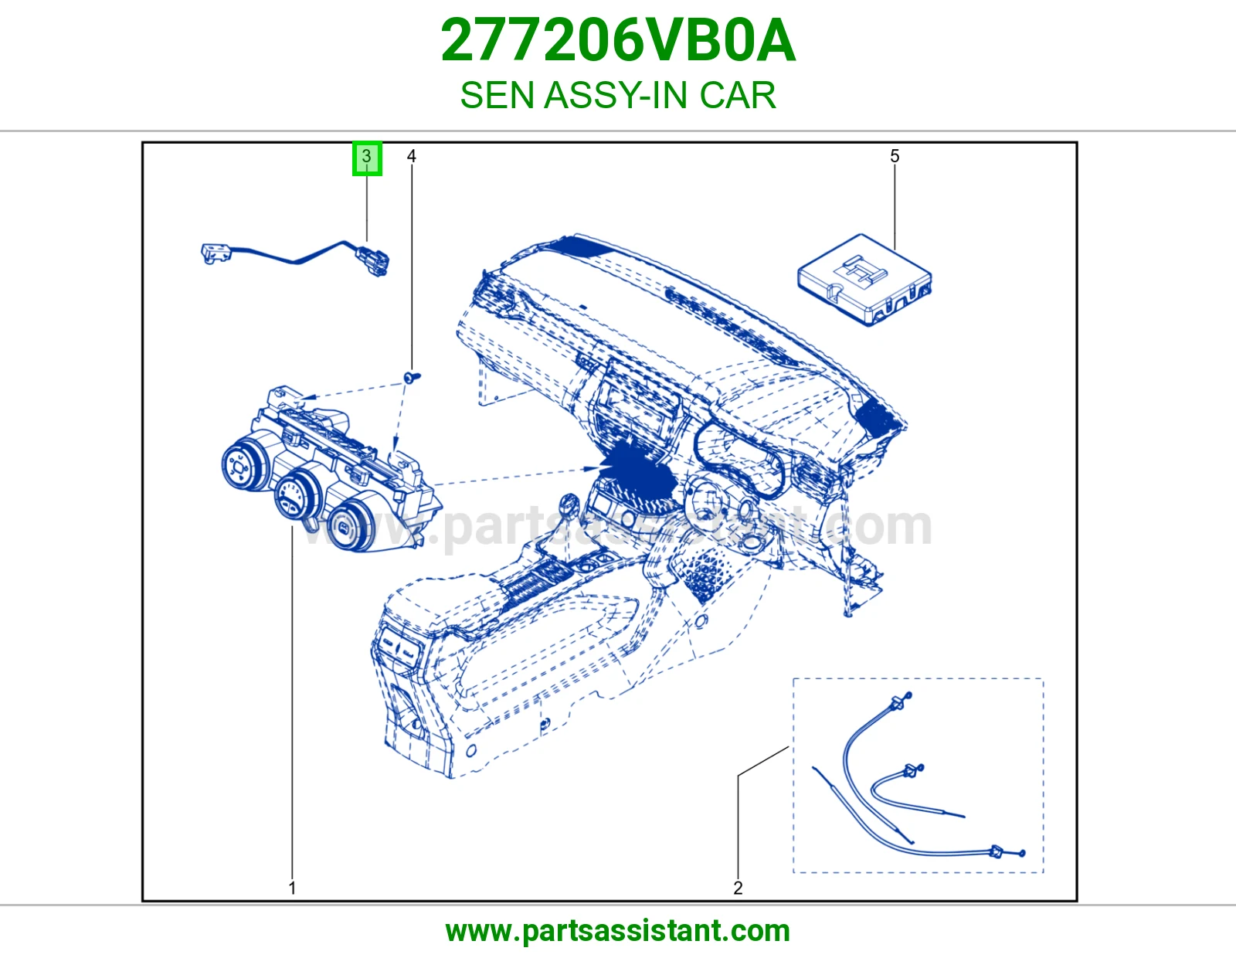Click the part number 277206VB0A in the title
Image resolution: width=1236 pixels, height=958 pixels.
click(618, 41)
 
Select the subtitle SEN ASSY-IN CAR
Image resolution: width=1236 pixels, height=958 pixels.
click(618, 95)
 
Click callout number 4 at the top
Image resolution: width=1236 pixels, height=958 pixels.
click(412, 156)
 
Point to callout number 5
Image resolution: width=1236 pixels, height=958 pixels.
click(895, 156)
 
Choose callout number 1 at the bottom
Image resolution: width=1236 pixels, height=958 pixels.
click(292, 888)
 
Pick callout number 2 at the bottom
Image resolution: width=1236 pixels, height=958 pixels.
click(738, 888)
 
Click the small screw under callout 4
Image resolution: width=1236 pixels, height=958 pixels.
click(411, 376)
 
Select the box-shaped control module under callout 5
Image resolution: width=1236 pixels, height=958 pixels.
click(864, 280)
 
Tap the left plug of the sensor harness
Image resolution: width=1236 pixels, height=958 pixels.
click(216, 253)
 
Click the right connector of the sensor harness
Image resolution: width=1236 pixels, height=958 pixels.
click(373, 260)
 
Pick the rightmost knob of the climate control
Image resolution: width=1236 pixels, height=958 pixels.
click(348, 527)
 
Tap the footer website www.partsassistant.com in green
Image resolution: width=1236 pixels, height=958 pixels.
click(618, 931)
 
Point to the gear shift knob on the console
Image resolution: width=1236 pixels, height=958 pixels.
click(569, 504)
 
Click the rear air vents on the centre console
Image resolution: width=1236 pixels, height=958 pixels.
click(398, 646)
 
